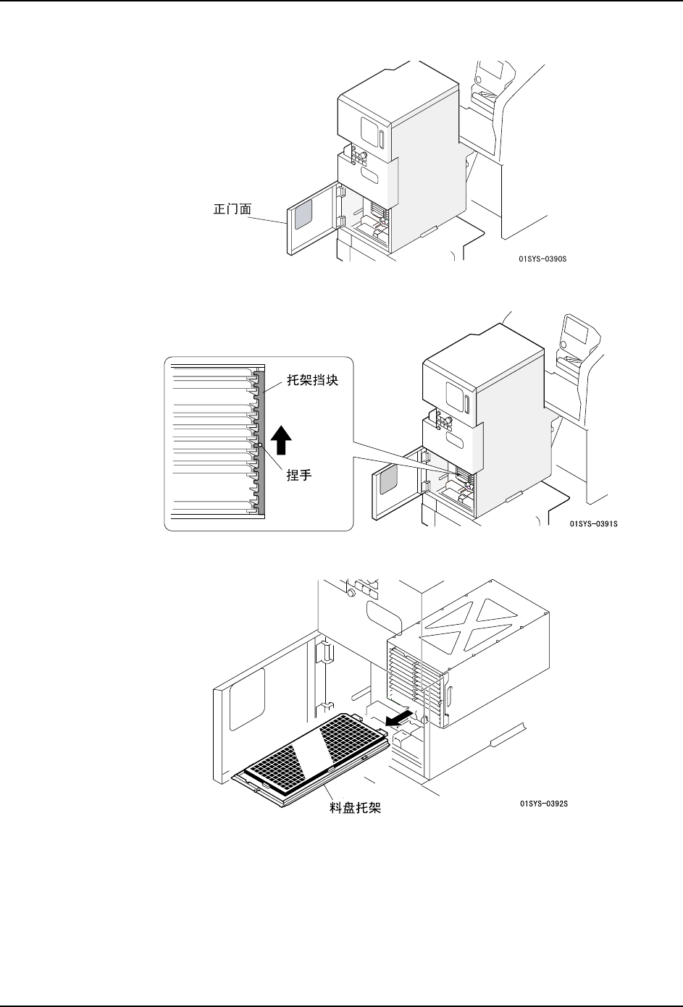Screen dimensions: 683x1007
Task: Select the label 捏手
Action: tap(299, 477)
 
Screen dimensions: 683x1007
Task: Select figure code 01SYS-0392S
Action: tap(543, 803)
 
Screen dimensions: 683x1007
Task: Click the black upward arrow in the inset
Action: tap(281, 442)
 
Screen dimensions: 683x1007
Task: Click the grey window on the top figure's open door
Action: tap(303, 216)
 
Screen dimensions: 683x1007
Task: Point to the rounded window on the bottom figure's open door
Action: tap(248, 698)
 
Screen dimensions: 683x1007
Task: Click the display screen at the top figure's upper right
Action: tap(493, 69)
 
